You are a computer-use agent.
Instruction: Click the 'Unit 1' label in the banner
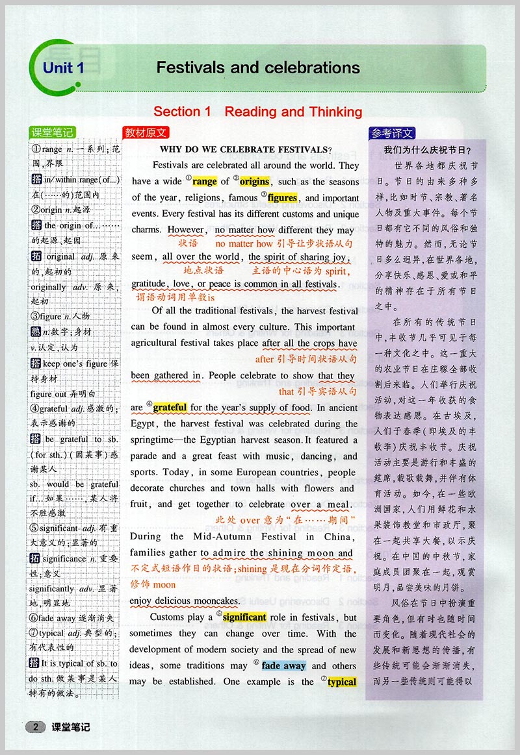[63, 68]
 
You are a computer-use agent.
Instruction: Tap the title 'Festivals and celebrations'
[258, 68]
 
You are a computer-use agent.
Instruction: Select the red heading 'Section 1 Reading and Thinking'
[257, 112]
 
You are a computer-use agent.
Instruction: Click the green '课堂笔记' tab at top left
[53, 132]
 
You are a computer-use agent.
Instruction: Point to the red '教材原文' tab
[146, 132]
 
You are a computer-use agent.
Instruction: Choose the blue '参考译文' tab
[392, 133]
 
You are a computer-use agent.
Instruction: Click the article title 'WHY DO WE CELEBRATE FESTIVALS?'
[246, 149]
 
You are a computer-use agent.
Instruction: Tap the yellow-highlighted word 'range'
[205, 182]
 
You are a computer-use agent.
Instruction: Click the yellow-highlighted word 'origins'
[254, 182]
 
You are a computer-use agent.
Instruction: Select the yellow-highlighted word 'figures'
[283, 198]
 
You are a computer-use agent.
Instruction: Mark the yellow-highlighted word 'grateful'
[170, 408]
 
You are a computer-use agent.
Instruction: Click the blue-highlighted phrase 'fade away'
[284, 666]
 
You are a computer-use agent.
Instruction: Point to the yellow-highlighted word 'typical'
[342, 682]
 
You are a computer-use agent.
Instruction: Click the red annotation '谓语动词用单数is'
[175, 297]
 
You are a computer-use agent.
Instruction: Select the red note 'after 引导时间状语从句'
[306, 359]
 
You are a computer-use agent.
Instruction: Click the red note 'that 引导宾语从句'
[318, 391]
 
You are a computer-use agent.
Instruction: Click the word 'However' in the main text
[187, 230]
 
